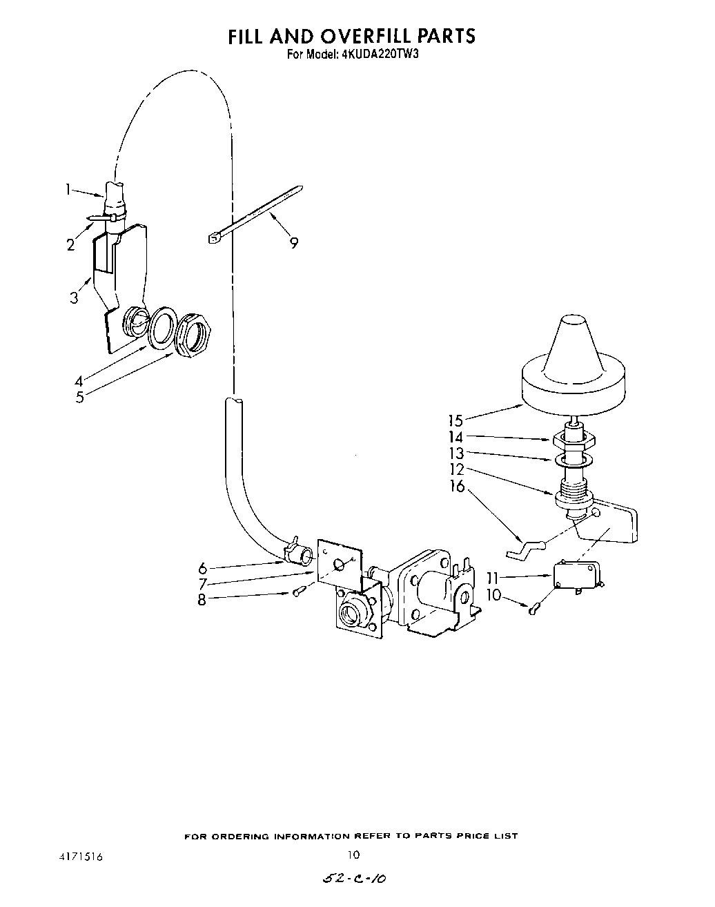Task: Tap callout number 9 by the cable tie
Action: (x=294, y=242)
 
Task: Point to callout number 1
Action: (x=68, y=189)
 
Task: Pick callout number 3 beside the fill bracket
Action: (x=74, y=298)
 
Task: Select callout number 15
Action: (x=455, y=420)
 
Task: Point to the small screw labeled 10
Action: (x=533, y=608)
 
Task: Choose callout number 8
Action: (x=202, y=600)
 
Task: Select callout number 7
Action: (x=202, y=584)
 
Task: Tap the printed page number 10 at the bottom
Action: (x=353, y=855)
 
